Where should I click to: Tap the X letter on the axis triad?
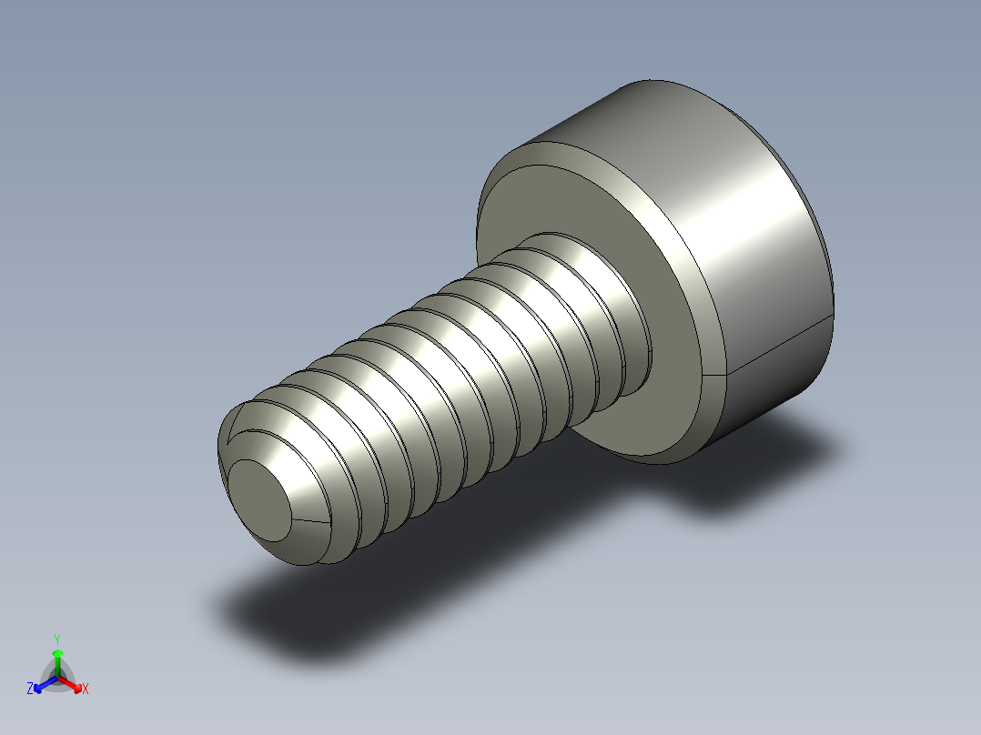pyautogui.click(x=86, y=689)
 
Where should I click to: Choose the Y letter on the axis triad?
pyautogui.click(x=57, y=639)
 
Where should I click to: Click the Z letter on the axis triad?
pyautogui.click(x=30, y=689)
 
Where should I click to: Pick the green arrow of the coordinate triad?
pyautogui.click(x=57, y=657)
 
